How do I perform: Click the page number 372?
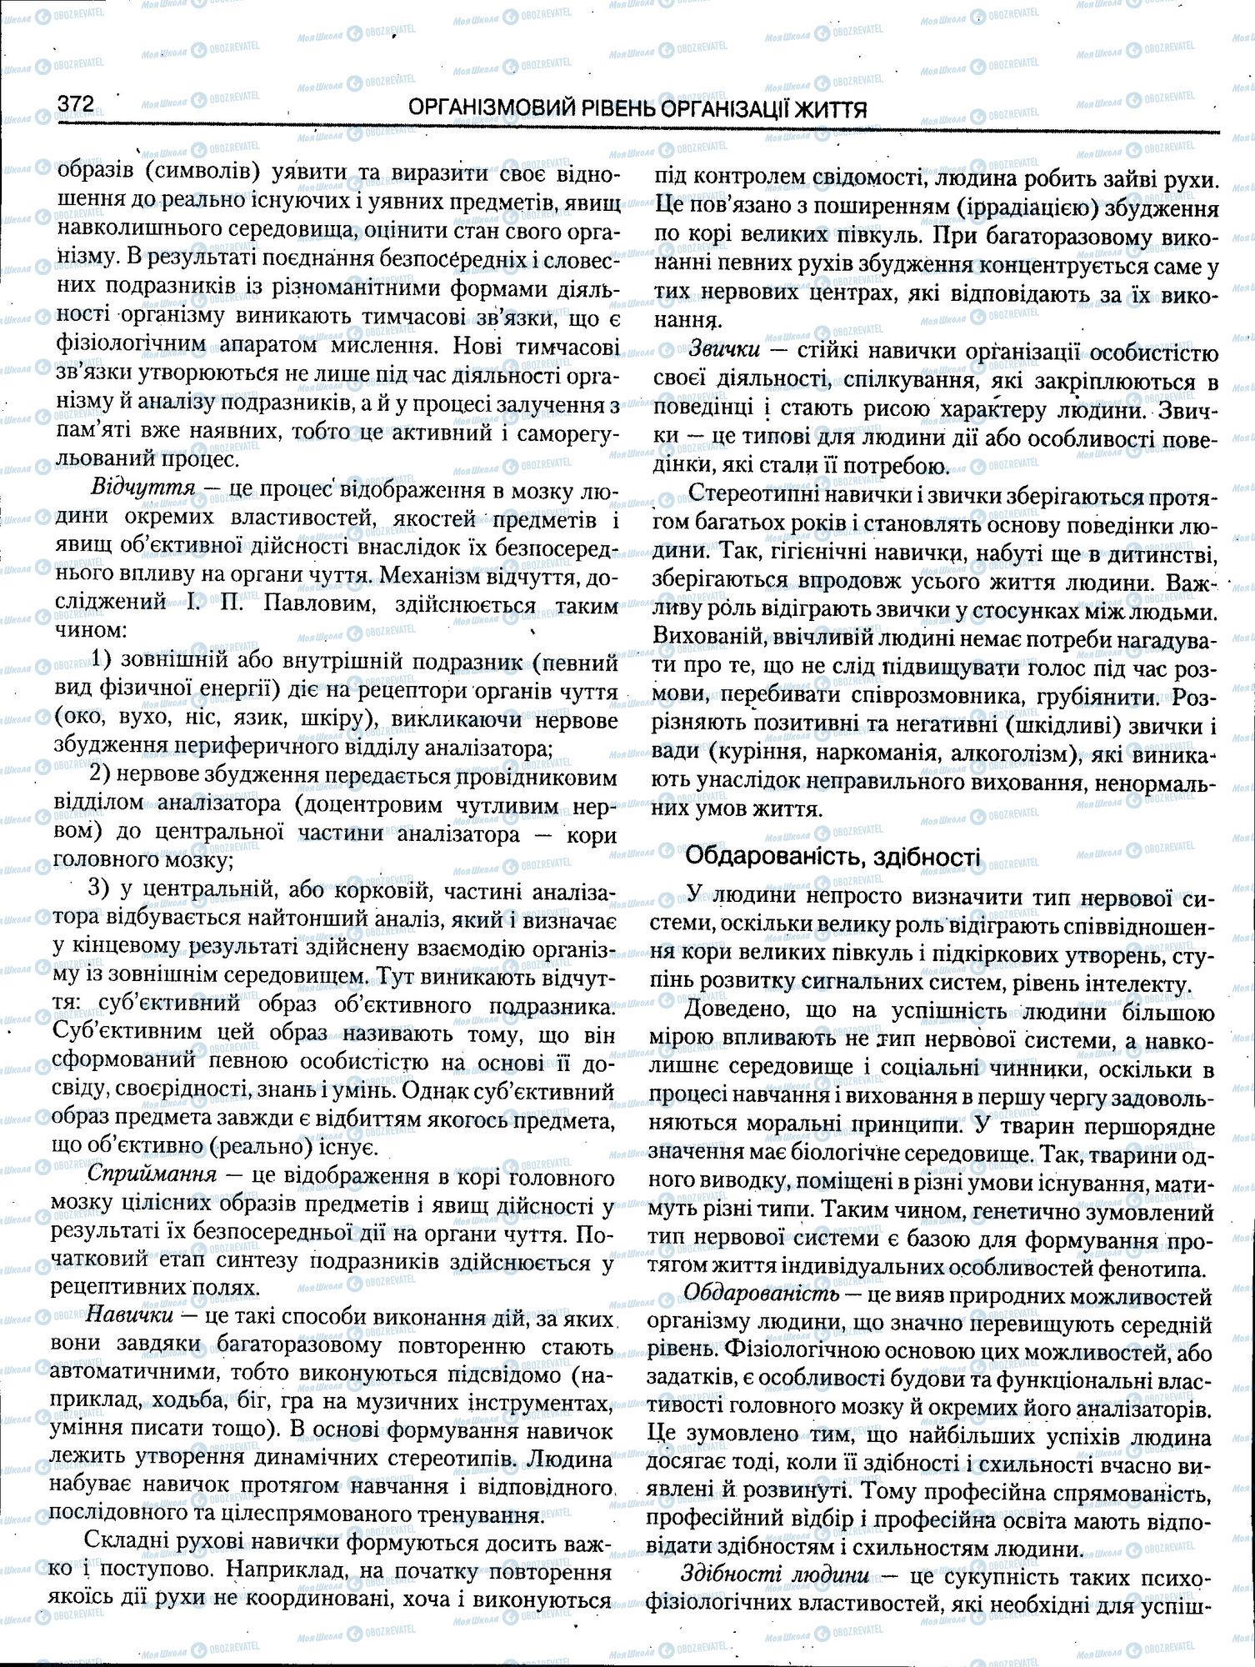pyautogui.click(x=75, y=104)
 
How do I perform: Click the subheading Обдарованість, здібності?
pyautogui.click(x=832, y=855)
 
